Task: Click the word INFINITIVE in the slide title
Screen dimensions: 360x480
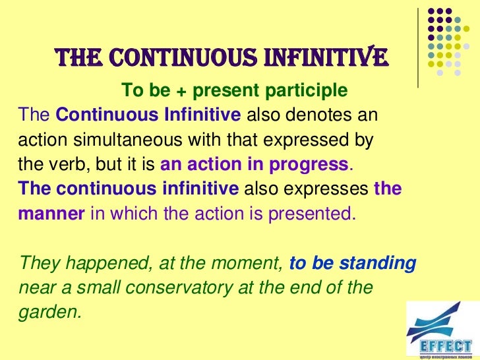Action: [x=330, y=58]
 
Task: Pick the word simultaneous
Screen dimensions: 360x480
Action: [x=133, y=140]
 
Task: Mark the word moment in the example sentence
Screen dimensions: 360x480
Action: [x=253, y=264]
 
